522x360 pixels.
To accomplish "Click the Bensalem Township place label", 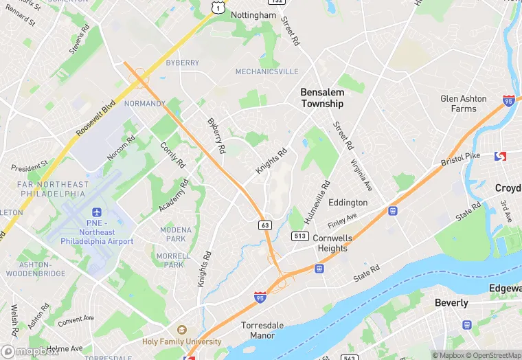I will click(x=321, y=98).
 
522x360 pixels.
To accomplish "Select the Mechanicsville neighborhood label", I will click(x=266, y=71).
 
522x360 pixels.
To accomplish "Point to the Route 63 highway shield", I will click(x=264, y=225).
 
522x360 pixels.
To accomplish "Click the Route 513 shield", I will click(x=299, y=236).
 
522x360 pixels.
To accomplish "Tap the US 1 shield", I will click(x=218, y=7).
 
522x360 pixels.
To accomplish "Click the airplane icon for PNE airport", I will click(x=95, y=212).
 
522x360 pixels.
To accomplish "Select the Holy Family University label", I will click(x=182, y=341).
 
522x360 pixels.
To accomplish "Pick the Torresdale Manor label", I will click(x=258, y=330).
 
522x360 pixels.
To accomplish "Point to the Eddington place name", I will click(x=348, y=203).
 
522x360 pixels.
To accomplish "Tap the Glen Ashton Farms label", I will click(x=464, y=104).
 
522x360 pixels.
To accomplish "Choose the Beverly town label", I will click(x=451, y=303).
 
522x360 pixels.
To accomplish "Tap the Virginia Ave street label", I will click(x=361, y=175).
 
